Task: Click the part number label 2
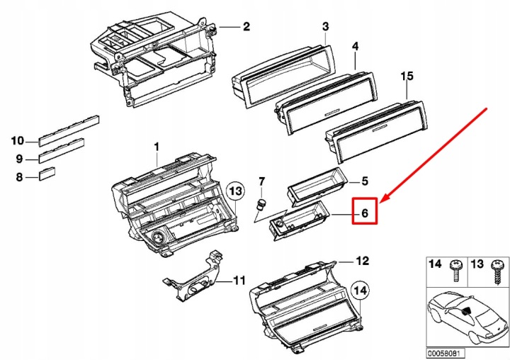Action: [x=246, y=26]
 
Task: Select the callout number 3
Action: [x=326, y=26]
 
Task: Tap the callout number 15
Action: [x=407, y=76]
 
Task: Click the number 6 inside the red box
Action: [x=365, y=213]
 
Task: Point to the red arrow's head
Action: [x=382, y=198]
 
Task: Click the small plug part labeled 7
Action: [x=260, y=204]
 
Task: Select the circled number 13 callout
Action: [x=236, y=191]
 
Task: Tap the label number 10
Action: [x=18, y=141]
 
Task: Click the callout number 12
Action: [x=363, y=261]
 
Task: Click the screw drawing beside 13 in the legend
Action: [x=498, y=272]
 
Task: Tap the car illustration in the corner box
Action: [x=467, y=315]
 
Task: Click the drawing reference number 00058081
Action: [x=446, y=353]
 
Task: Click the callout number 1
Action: [x=157, y=147]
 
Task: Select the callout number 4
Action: [x=355, y=46]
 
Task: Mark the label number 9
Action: [x=19, y=159]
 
